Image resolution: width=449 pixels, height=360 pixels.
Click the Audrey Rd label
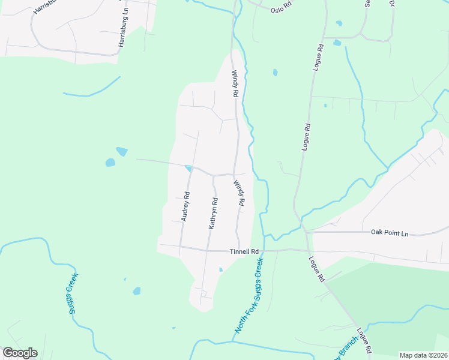coord(185,206)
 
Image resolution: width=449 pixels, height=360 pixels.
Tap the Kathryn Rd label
coord(212,214)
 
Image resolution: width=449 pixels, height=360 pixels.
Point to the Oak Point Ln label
coord(389,232)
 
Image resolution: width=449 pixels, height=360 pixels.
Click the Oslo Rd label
coord(280,10)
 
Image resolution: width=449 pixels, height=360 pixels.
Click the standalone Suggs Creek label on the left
coord(72,293)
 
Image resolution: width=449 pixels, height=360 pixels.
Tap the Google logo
coord(20,353)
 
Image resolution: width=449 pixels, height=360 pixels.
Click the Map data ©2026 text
coord(423,355)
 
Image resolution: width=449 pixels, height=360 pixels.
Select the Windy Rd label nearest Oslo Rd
coord(235,85)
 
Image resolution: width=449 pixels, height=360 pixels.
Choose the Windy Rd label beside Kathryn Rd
coord(240,194)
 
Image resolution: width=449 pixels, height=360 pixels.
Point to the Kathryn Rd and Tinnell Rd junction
coord(208,249)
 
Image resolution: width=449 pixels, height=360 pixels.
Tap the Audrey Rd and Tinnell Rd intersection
coord(180,247)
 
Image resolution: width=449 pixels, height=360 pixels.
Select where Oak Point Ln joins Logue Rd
coord(304,232)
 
